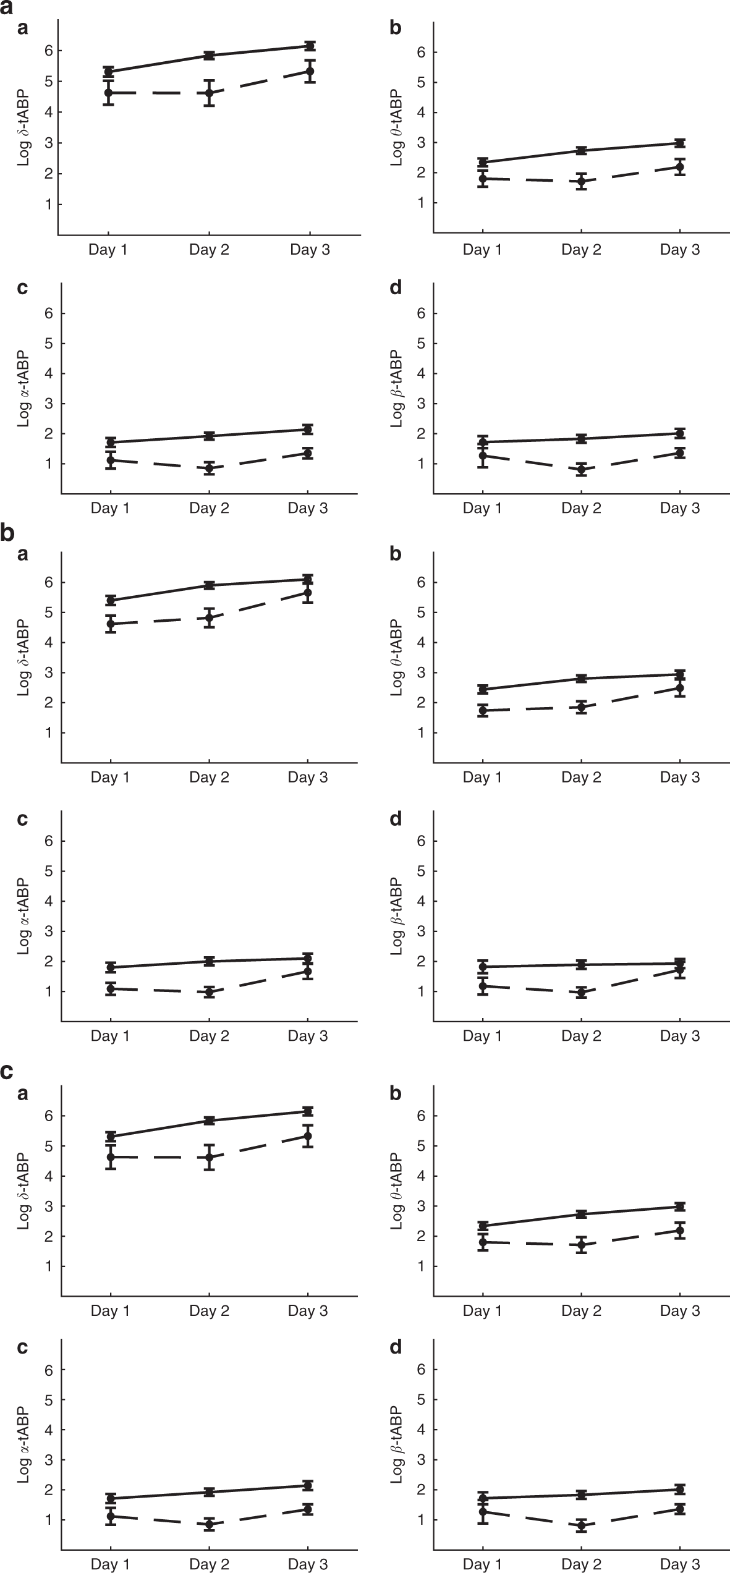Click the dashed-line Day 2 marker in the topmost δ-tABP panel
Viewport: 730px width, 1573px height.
[210, 93]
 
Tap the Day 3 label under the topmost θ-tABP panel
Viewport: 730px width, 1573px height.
[680, 250]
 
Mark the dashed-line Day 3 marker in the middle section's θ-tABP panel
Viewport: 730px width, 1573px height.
[680, 688]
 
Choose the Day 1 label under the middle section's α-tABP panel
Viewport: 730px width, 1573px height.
[110, 1036]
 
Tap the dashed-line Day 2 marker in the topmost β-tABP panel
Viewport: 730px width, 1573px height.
[581, 470]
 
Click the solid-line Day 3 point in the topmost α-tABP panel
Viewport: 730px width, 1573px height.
[308, 429]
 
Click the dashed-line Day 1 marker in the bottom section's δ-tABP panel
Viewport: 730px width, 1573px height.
[110, 1156]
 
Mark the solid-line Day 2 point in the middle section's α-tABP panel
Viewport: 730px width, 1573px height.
[210, 961]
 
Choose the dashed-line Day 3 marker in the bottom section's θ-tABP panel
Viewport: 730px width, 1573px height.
[680, 1231]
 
